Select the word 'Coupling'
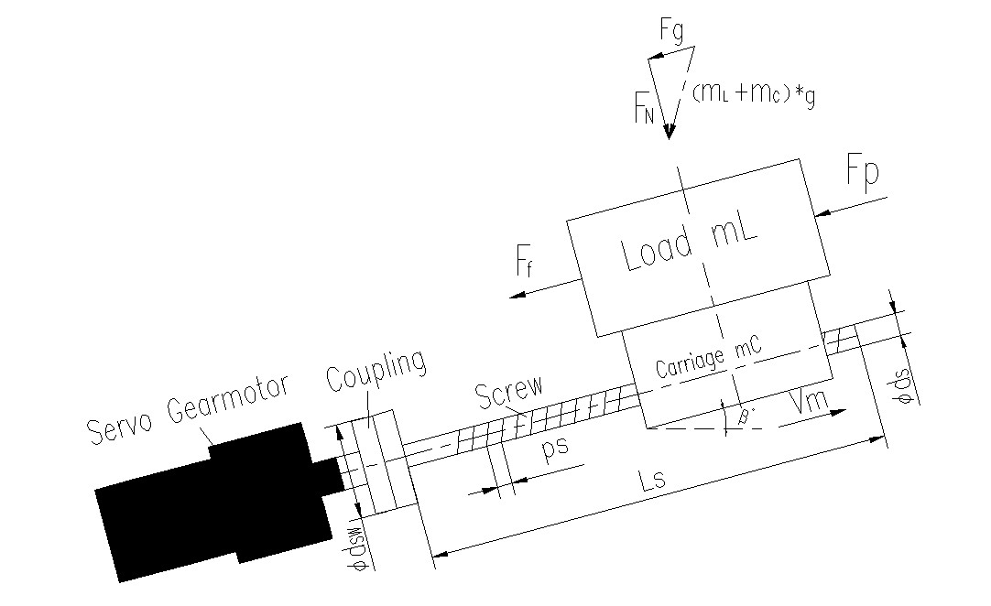point(375,372)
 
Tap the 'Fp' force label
point(861,175)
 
